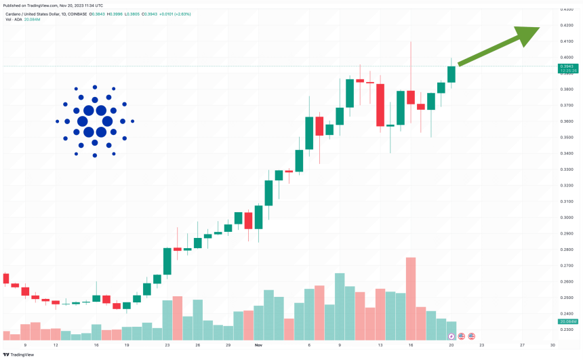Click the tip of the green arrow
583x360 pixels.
click(x=539, y=28)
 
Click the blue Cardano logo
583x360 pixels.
click(x=95, y=121)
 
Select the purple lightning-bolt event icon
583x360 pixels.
click(x=452, y=336)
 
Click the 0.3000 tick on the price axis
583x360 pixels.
click(x=567, y=218)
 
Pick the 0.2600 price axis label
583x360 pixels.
click(x=567, y=281)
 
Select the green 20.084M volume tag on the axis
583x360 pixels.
click(x=567, y=321)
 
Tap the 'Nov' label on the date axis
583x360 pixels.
click(x=257, y=345)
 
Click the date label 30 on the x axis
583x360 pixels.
click(x=553, y=345)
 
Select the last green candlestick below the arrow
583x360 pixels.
click(x=451, y=74)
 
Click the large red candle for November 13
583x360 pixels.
click(x=380, y=105)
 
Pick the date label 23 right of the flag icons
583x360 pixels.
click(x=482, y=345)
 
